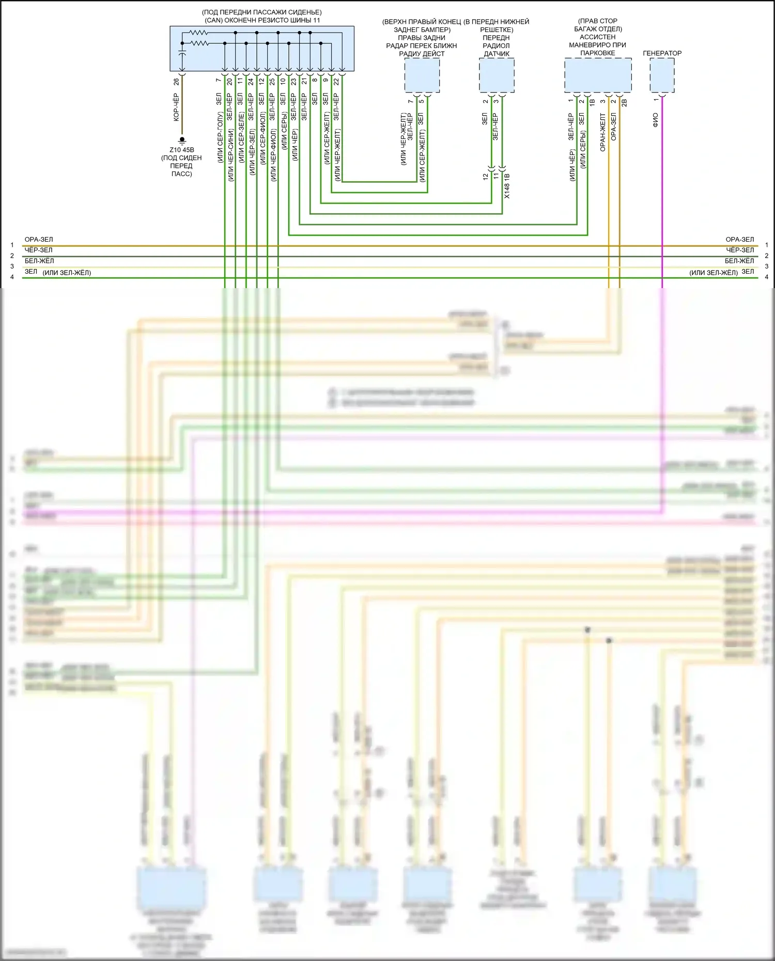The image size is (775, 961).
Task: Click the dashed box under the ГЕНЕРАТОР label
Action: (x=662, y=75)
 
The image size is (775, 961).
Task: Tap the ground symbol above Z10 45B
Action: (x=182, y=140)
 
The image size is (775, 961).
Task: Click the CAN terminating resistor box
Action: (x=262, y=48)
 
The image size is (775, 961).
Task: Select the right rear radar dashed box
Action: (x=422, y=75)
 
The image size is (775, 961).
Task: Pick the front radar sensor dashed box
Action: (x=497, y=75)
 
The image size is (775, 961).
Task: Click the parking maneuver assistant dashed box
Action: (x=598, y=75)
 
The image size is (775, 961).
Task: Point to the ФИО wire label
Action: (x=656, y=120)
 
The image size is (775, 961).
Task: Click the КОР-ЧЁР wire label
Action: (x=176, y=107)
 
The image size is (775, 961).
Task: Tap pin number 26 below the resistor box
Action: (x=176, y=82)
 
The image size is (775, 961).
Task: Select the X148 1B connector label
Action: (x=507, y=186)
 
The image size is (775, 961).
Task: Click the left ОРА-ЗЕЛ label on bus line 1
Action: (x=39, y=240)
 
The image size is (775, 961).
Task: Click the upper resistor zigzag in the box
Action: (x=198, y=33)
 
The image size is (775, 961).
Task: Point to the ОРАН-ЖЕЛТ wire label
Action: (x=602, y=132)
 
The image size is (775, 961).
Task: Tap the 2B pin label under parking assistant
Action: (x=624, y=103)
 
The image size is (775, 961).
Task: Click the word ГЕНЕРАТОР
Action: (x=662, y=53)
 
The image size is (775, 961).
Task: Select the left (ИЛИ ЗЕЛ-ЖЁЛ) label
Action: (x=67, y=273)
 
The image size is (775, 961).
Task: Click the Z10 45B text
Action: (x=182, y=150)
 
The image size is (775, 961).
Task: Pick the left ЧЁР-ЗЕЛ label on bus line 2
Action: (x=39, y=250)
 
